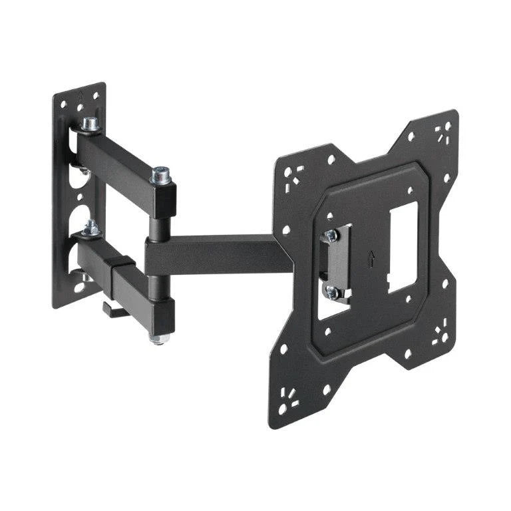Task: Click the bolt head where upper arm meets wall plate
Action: pos(89,124)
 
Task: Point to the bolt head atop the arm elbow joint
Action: pos(160,175)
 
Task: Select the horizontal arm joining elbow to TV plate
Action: pos(220,254)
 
